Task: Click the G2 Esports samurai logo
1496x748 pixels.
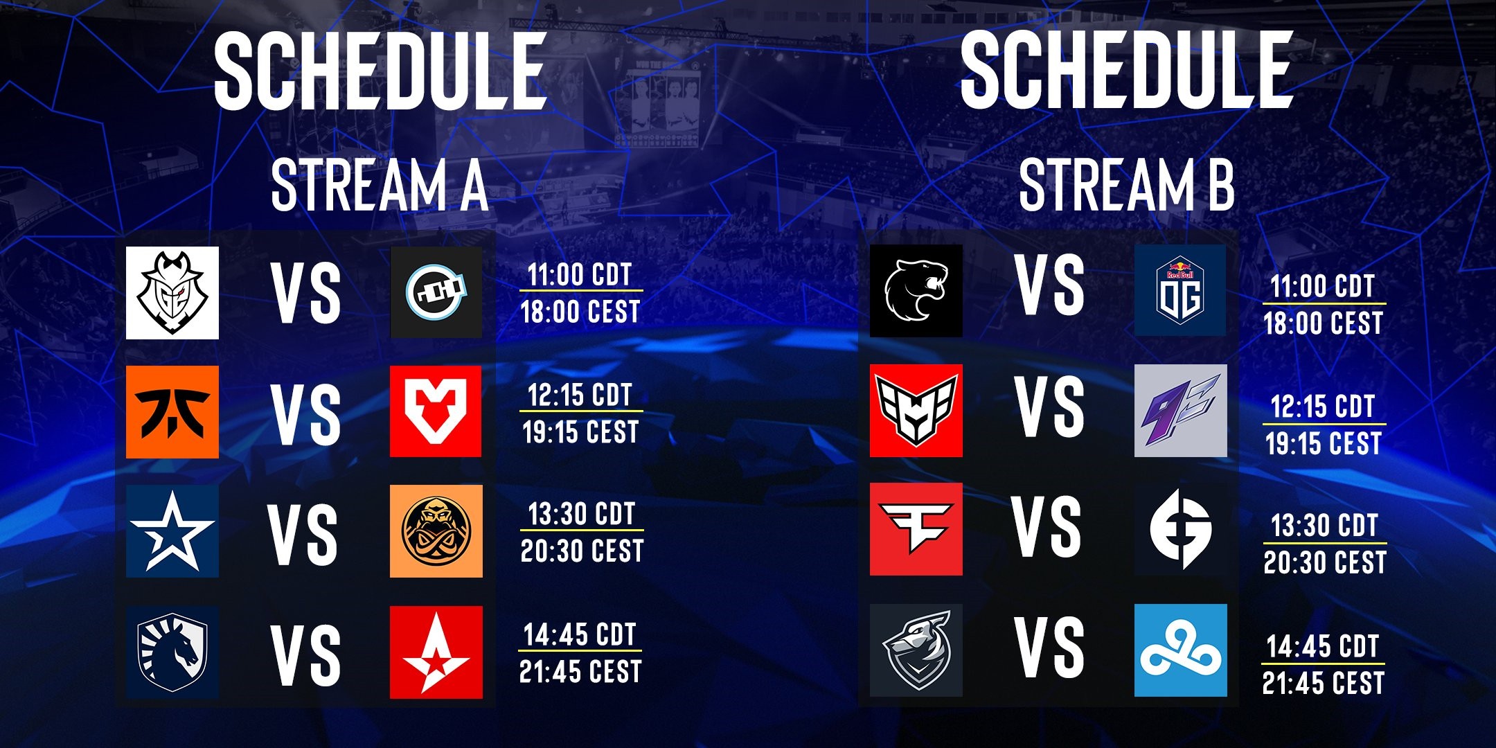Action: click(172, 293)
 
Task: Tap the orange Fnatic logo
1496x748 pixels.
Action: click(172, 412)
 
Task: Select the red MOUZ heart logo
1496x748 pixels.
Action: click(436, 412)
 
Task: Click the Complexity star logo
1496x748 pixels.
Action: click(172, 531)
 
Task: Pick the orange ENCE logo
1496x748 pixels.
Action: click(436, 531)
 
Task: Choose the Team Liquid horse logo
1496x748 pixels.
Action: click(172, 652)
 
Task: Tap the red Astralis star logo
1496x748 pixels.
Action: click(436, 652)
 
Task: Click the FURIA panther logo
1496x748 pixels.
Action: click(916, 291)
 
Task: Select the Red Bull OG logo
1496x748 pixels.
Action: click(1180, 291)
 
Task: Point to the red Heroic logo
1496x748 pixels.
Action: click(916, 411)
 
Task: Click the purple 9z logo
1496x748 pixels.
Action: click(1181, 411)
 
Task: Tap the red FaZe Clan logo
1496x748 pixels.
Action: click(916, 529)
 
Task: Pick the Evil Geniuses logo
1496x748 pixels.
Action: click(1181, 529)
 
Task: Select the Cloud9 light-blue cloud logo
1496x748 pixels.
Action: click(1181, 650)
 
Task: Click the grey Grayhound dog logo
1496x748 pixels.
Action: click(916, 650)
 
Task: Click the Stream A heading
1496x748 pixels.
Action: click(380, 185)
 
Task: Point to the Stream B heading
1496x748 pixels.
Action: click(1127, 185)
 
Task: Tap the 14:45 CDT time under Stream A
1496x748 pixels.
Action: click(580, 634)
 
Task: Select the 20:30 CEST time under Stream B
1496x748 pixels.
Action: click(1325, 562)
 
